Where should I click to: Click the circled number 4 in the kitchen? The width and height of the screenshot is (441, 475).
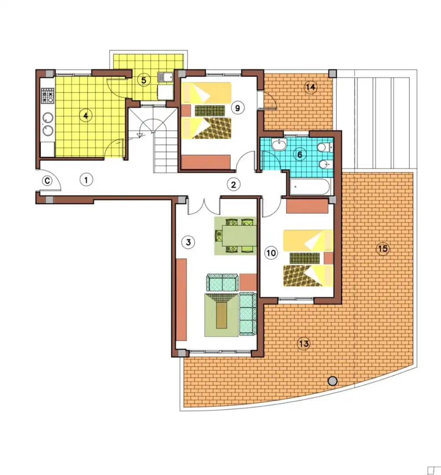pyautogui.click(x=86, y=115)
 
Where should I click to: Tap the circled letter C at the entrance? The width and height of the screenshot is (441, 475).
pyautogui.click(x=47, y=181)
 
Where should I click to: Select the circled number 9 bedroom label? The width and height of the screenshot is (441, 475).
pyautogui.click(x=238, y=108)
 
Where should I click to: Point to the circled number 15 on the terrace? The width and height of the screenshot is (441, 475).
pyautogui.click(x=383, y=248)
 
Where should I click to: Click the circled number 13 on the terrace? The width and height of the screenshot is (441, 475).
pyautogui.click(x=304, y=343)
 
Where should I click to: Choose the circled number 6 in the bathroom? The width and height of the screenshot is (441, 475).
pyautogui.click(x=300, y=154)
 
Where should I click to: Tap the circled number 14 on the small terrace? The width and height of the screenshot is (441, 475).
pyautogui.click(x=311, y=87)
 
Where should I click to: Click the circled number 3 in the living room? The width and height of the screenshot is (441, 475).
pyautogui.click(x=188, y=242)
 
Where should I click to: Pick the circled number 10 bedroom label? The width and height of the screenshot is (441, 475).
pyautogui.click(x=271, y=252)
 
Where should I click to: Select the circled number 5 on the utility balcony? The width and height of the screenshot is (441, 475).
pyautogui.click(x=144, y=80)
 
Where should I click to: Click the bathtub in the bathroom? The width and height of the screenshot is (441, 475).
pyautogui.click(x=310, y=186)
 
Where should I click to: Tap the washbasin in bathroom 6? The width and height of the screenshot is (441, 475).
pyautogui.click(x=279, y=145)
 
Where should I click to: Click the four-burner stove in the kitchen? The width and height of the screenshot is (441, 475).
pyautogui.click(x=47, y=95)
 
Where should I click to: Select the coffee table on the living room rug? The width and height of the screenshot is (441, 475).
pyautogui.click(x=222, y=315)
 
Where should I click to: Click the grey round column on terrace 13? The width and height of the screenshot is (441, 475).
pyautogui.click(x=333, y=381)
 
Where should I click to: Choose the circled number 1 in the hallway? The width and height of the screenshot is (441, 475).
pyautogui.click(x=86, y=180)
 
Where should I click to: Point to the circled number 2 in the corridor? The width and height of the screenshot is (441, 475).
pyautogui.click(x=233, y=184)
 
